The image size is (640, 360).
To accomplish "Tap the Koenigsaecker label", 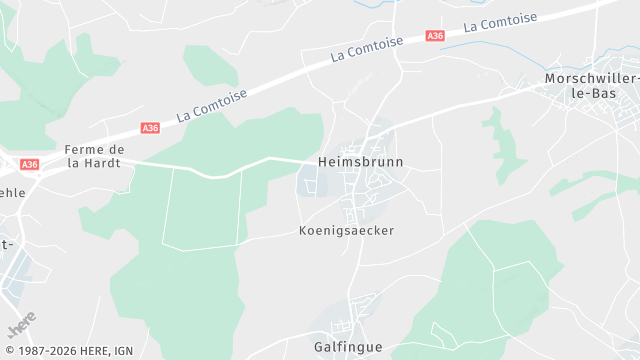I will (346, 230).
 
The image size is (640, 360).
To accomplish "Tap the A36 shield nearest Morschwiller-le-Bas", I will (435, 36).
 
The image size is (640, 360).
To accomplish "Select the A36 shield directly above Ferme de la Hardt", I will (150, 128).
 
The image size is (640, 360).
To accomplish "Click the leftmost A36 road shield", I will (29, 164).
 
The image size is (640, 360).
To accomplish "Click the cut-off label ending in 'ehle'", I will (11, 193).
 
